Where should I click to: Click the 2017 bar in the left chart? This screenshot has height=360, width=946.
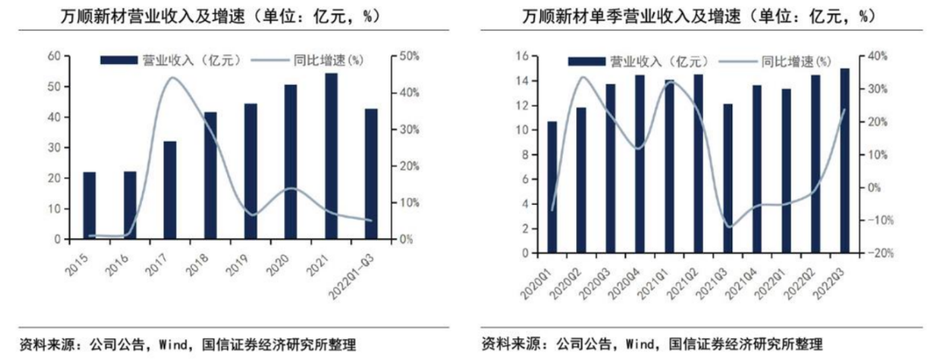[170, 190]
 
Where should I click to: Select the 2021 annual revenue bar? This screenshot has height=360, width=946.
[331, 156]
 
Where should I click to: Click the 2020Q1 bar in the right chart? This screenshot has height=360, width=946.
[552, 187]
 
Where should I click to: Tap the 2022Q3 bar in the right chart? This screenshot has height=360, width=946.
[844, 161]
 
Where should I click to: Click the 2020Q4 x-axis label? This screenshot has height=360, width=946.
[634, 279]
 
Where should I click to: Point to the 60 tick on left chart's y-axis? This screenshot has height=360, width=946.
[54, 57]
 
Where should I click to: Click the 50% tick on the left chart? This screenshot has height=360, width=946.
[409, 57]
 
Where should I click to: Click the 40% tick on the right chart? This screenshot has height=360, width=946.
[874, 57]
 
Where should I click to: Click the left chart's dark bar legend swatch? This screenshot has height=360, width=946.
[117, 60]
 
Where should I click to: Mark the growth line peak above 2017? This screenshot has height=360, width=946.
[170, 77]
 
